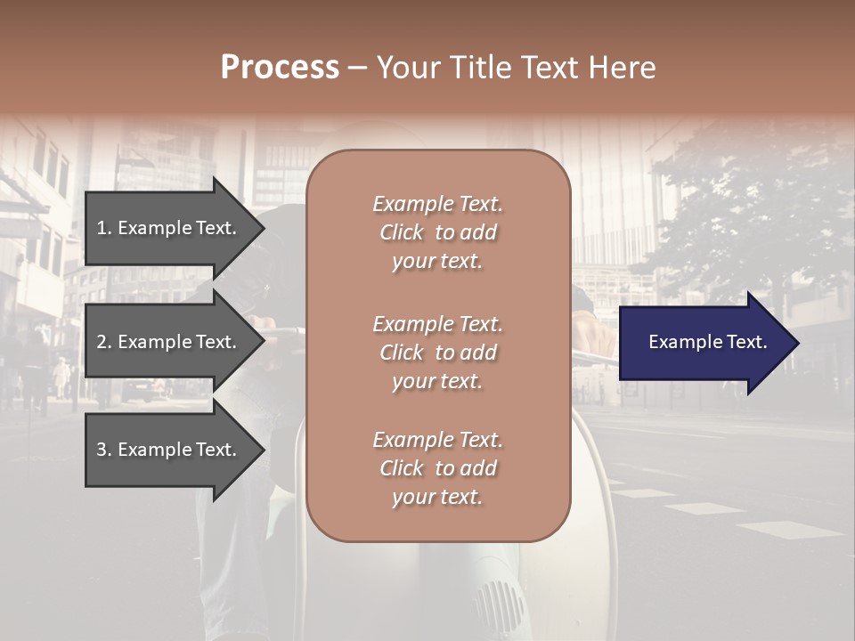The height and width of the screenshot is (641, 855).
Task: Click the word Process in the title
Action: point(280,68)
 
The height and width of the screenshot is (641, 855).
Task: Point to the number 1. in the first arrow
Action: point(104,228)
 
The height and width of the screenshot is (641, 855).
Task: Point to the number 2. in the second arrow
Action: point(104,342)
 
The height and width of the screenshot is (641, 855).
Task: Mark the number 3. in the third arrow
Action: point(104,450)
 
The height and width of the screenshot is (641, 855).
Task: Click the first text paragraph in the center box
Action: point(437,232)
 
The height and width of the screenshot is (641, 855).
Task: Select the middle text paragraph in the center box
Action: point(437,353)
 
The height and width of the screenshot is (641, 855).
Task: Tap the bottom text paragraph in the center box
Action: point(437,468)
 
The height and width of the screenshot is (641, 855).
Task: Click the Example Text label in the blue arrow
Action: point(707,342)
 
